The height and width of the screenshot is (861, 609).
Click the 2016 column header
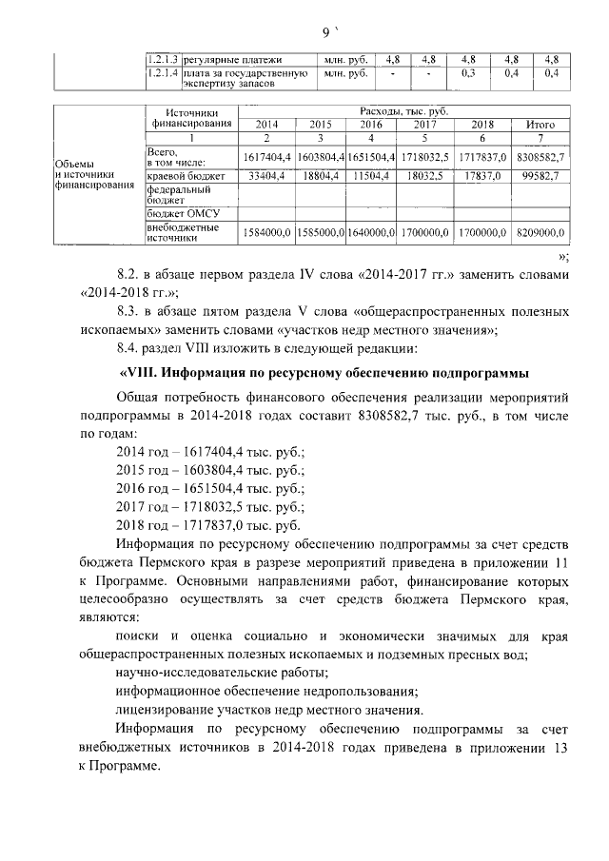tap(370, 125)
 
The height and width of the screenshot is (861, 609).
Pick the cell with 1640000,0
tap(370, 231)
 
